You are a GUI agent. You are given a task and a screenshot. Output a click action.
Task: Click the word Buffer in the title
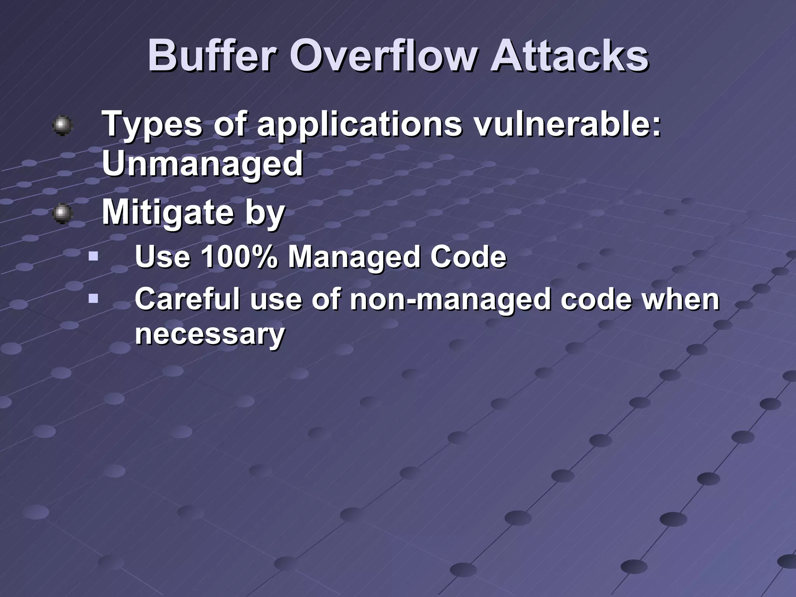click(x=212, y=57)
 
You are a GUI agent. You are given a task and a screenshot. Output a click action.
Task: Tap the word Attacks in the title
click(x=569, y=57)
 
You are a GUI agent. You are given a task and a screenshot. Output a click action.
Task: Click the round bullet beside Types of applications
click(x=63, y=126)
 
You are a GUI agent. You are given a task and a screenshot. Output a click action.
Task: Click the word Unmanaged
click(x=202, y=163)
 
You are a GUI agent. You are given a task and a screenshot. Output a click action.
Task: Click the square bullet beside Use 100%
click(x=93, y=257)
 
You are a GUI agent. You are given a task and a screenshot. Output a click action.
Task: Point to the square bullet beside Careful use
click(x=93, y=299)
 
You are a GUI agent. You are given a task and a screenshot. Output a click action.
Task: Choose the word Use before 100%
click(x=162, y=257)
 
